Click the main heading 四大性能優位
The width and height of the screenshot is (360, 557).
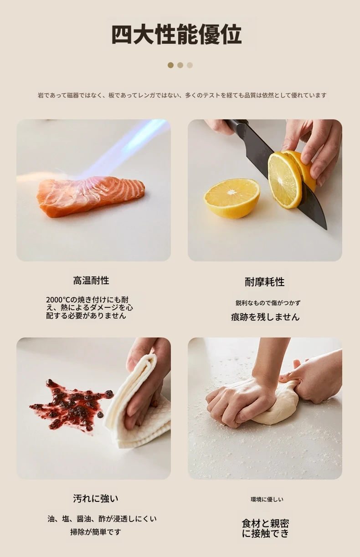[176, 34]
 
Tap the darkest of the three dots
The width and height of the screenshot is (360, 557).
[171, 65]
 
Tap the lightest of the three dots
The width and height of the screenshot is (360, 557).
[190, 65]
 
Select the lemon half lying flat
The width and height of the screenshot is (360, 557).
[232, 199]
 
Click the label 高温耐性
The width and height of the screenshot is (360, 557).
[91, 281]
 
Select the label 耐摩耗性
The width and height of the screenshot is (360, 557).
[265, 282]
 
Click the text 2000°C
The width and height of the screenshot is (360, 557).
[58, 300]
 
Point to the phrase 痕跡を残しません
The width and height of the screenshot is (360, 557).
[265, 317]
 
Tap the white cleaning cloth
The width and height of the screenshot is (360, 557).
[139, 408]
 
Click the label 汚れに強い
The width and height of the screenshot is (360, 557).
[96, 498]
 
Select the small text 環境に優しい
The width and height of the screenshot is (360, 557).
[267, 499]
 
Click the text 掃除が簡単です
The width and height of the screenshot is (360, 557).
[96, 532]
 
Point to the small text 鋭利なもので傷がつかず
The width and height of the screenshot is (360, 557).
[268, 303]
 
